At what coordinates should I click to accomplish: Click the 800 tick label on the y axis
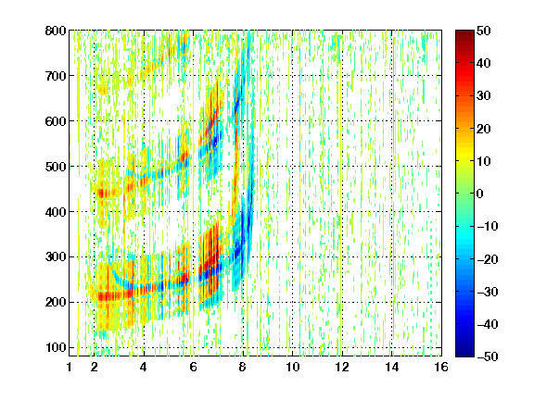[56, 31]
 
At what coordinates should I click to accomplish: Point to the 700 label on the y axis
[56, 76]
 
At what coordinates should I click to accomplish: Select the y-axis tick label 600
[56, 121]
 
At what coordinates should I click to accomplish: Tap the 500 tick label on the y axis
[56, 167]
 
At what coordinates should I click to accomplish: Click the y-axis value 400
[56, 212]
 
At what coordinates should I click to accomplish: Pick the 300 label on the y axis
[56, 257]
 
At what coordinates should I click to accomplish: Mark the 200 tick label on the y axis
[56, 303]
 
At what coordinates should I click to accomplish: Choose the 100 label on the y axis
[56, 347]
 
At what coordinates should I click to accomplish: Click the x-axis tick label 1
[70, 367]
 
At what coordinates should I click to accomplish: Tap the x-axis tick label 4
[144, 367]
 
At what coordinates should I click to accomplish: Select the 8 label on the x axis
[242, 367]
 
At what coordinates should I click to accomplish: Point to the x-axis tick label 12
[341, 367]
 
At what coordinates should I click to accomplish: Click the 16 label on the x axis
[441, 367]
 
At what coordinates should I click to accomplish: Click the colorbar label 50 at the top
[484, 31]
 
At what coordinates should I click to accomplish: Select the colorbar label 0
[480, 194]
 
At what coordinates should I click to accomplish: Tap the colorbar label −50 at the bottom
[488, 356]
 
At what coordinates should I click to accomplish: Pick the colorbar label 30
[484, 96]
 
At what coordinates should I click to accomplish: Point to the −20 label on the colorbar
[488, 259]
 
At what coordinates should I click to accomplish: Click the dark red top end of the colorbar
[464, 32]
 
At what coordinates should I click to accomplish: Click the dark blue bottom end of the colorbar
[464, 355]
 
